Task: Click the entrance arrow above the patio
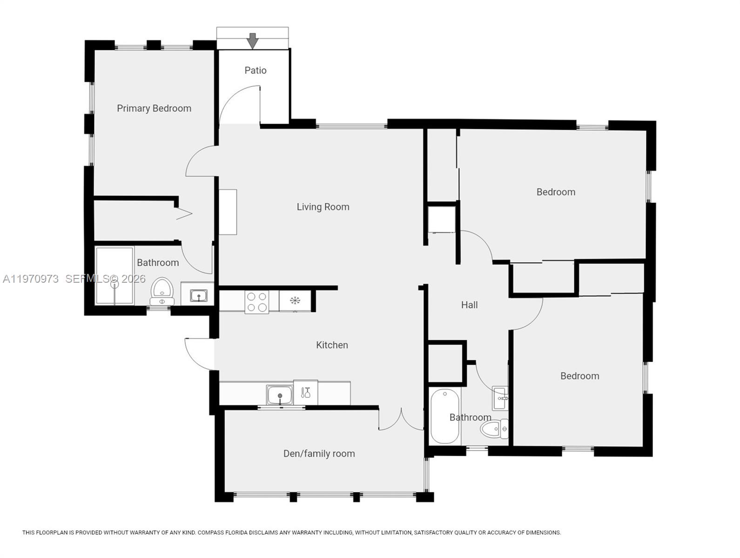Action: click(x=252, y=41)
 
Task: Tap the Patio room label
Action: click(x=256, y=70)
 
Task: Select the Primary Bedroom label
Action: click(x=154, y=108)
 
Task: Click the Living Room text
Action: click(x=323, y=207)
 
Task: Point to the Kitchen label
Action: click(x=332, y=345)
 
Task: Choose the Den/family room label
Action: click(x=319, y=453)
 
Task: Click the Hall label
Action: click(x=469, y=305)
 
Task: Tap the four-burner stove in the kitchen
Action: click(x=257, y=301)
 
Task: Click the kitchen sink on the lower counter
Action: click(x=280, y=395)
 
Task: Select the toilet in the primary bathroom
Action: click(x=162, y=289)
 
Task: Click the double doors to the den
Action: click(x=401, y=420)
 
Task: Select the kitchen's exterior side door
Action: click(x=198, y=353)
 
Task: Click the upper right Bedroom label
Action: click(x=556, y=192)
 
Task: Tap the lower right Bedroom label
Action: click(x=579, y=376)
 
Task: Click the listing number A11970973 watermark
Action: click(x=31, y=279)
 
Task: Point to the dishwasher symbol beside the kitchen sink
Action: click(x=305, y=392)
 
